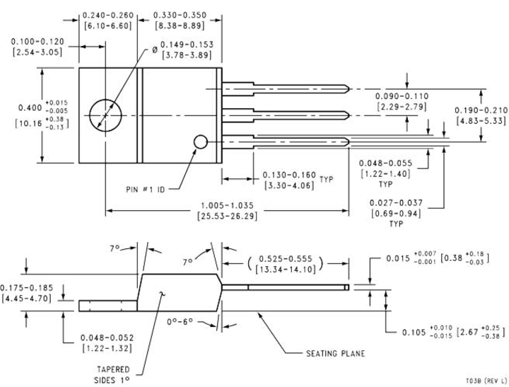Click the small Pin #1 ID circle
click(200, 142)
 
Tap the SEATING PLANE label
click(335, 352)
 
